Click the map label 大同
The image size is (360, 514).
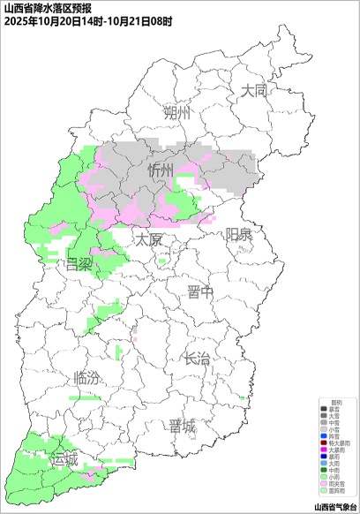point(253,90)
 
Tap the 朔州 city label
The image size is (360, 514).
point(176,114)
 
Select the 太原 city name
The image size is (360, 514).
point(148,239)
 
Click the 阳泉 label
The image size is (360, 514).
point(238,234)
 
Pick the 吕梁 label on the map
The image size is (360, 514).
point(79,264)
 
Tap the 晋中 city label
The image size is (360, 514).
point(200,293)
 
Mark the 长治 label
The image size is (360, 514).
point(197,359)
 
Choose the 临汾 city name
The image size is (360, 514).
point(86,378)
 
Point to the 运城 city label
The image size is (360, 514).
point(64,459)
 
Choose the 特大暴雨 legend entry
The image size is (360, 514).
point(341,443)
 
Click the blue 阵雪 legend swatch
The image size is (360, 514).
point(324,436)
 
